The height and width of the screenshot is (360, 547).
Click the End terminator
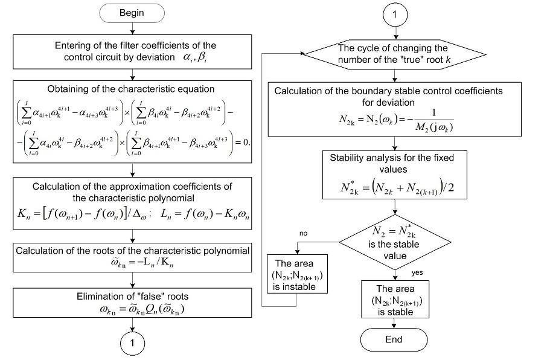[x=393, y=339]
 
